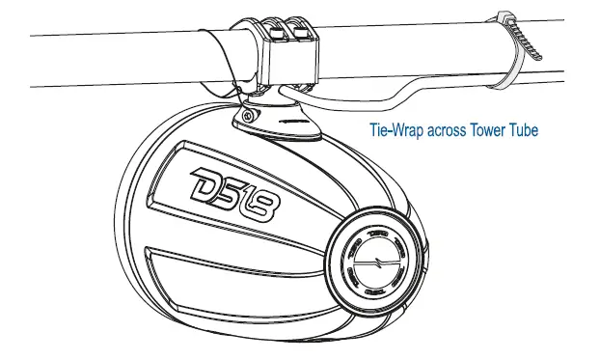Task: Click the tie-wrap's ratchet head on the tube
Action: point(503,16)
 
